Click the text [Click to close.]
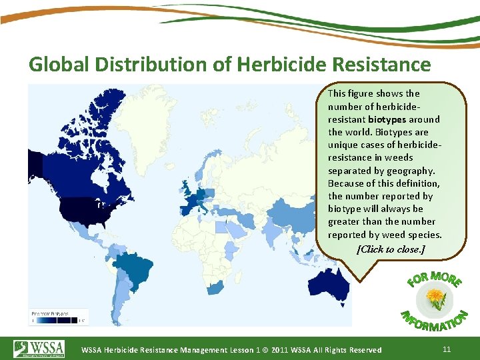(391, 249)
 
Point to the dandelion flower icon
(437, 297)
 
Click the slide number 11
(447, 349)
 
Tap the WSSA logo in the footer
(39, 349)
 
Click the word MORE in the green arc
(445, 277)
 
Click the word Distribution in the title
(151, 65)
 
